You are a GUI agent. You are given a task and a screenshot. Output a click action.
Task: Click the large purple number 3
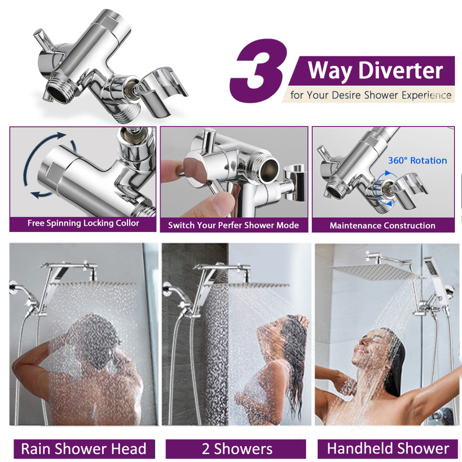(259, 71)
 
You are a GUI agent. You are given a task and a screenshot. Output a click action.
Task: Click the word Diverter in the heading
(400, 70)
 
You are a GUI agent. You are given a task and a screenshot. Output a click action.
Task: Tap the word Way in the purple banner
(330, 71)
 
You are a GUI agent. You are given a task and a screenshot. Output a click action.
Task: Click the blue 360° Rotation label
(417, 161)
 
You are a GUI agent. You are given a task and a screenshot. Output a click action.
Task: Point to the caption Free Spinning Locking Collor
(83, 223)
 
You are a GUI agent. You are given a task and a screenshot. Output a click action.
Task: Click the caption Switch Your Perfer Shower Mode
(233, 225)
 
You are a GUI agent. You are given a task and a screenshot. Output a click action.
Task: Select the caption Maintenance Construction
(383, 226)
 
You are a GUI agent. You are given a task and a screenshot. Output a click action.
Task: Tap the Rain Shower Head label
(84, 449)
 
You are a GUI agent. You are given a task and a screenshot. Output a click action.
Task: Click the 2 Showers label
(237, 449)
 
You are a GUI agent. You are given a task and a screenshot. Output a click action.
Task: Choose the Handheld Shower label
(388, 448)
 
